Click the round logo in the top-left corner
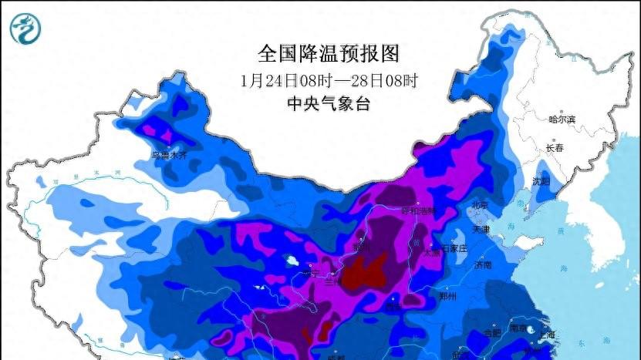25,29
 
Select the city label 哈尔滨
562,119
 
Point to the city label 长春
555,147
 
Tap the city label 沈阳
540,182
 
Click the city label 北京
480,205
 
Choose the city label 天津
481,229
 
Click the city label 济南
483,265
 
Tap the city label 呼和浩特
417,210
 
